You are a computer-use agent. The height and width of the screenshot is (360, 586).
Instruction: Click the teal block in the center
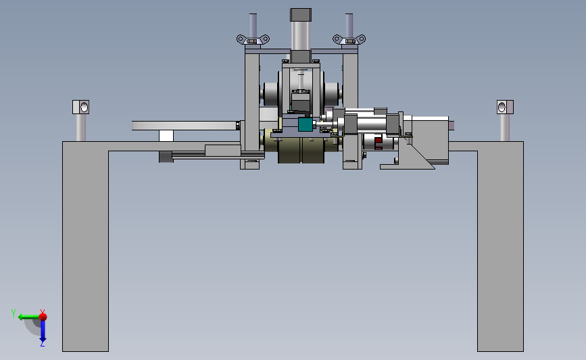[305, 124]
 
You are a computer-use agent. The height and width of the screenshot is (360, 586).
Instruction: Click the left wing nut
[253, 39]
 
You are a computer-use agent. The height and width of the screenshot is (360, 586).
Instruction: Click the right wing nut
[349, 39]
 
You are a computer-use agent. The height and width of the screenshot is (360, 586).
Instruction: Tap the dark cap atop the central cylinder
[301, 15]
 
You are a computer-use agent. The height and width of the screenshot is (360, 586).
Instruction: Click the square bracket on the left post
[80, 107]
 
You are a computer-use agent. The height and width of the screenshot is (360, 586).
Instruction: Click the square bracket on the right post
[505, 107]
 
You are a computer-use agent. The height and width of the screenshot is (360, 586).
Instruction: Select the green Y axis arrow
[28, 317]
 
